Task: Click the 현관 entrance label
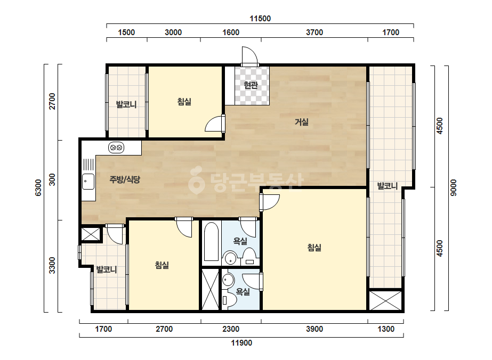coord(251,85)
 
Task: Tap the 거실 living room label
coord(302,121)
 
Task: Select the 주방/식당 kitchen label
coord(125,179)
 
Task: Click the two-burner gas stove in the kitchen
coord(116,148)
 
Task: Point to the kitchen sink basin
coord(88,181)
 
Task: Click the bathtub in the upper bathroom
coord(211,241)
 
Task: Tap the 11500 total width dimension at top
coord(260,19)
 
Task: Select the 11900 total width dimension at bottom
coord(241,343)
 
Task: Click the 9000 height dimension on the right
coord(454,188)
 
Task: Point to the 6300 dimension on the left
coord(38,188)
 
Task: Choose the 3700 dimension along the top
coord(314,32)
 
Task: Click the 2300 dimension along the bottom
coord(231,329)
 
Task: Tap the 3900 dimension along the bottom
coord(314,329)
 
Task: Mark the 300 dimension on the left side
coord(52,179)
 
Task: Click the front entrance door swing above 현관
coord(250,56)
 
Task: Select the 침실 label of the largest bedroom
coord(314,248)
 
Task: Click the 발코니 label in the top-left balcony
coord(126,104)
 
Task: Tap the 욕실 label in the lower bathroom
coord(243,292)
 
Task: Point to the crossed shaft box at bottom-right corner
coord(385,300)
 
